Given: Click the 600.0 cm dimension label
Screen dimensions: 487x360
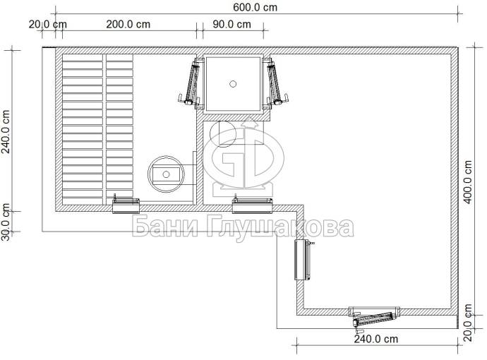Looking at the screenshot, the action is click(255, 7).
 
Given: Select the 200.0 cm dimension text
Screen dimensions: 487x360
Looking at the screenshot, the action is click(128, 24).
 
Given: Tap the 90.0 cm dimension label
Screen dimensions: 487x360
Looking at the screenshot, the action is click(232, 24).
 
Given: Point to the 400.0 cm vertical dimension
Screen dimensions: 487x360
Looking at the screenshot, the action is click(468, 182).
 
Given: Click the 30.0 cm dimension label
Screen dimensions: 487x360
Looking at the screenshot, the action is click(5, 222).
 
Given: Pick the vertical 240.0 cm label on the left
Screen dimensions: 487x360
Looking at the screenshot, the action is click(5, 132).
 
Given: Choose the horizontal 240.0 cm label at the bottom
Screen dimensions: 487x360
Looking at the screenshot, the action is click(375, 339).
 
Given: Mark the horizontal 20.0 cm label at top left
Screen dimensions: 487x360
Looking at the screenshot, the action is click(47, 24).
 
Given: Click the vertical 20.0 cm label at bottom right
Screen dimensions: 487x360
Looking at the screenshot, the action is click(468, 323).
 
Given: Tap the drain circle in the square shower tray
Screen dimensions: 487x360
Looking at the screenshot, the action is click(233, 84).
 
